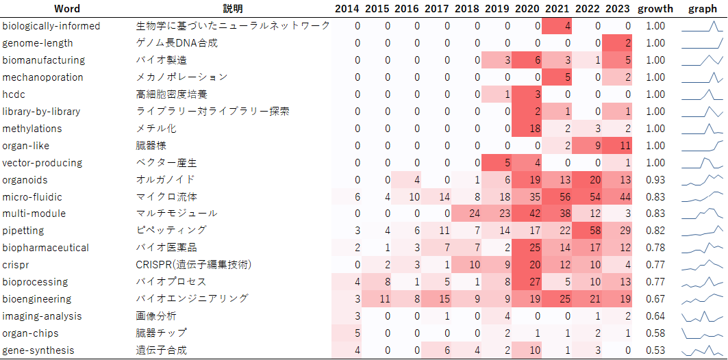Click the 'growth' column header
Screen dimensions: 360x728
click(x=655, y=9)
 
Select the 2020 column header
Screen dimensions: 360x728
click(x=527, y=9)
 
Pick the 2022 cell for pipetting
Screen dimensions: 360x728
click(x=588, y=231)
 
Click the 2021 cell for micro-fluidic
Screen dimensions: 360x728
click(x=557, y=197)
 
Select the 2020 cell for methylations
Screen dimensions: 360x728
click(x=527, y=129)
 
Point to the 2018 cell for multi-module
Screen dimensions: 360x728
click(x=466, y=214)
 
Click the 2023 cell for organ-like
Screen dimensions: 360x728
click(x=618, y=146)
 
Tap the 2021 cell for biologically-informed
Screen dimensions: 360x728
click(x=557, y=26)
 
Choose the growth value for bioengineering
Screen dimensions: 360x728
click(x=655, y=299)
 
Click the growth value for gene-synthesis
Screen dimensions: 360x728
click(x=655, y=350)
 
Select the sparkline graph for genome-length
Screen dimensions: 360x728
click(x=702, y=43)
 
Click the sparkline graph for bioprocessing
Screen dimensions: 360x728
click(x=702, y=282)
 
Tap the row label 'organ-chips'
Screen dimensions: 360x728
click(x=30, y=333)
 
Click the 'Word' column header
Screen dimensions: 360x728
click(x=66, y=9)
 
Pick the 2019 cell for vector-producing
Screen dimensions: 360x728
click(x=497, y=163)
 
